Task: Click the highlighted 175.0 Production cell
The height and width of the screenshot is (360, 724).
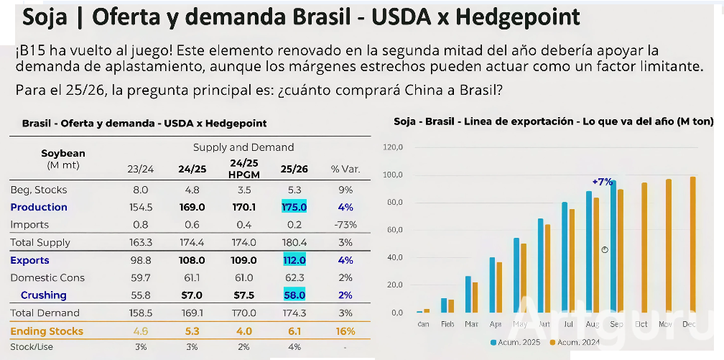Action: click(294, 207)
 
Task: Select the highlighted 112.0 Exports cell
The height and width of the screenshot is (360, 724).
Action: click(294, 260)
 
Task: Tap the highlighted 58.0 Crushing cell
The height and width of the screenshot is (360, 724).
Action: click(294, 295)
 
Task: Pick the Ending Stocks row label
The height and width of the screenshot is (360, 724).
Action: click(47, 331)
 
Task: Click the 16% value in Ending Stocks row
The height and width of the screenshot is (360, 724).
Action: click(345, 331)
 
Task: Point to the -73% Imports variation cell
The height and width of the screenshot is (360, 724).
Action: click(345, 224)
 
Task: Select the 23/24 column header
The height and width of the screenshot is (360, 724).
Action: click(140, 170)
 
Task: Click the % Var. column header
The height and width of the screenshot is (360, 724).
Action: click(345, 170)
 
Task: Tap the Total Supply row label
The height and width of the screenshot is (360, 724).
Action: click(40, 243)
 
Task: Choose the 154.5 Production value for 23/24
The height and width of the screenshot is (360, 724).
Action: click(140, 207)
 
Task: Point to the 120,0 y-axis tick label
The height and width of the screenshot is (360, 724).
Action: click(394, 148)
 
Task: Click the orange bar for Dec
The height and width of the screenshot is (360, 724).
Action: click(693, 244)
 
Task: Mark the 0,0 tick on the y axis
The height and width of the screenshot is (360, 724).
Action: click(396, 313)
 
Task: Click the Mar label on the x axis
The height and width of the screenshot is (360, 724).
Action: click(471, 324)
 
